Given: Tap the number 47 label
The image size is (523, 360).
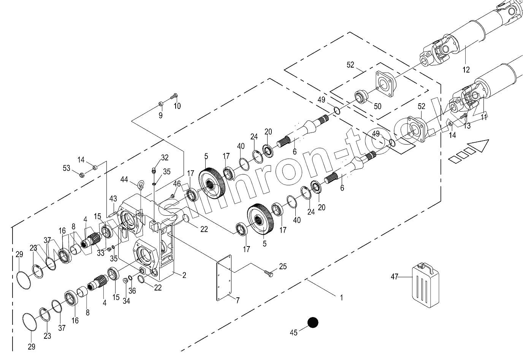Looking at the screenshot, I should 395,277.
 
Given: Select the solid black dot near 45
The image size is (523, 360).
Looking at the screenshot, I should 312,322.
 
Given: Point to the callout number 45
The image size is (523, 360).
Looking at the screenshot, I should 293,333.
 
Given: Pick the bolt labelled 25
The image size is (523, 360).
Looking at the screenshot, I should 269,272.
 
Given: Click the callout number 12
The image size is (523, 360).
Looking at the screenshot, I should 466,70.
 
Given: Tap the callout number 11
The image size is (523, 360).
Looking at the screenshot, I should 483,117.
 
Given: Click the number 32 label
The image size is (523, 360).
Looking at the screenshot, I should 165,157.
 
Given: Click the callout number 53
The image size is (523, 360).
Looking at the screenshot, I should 67,168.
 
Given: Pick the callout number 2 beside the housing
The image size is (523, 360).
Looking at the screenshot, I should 184,275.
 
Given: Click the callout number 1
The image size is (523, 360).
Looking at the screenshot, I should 341,298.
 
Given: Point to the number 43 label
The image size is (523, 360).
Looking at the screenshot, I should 113,199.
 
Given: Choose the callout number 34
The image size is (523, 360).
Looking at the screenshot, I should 127,301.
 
